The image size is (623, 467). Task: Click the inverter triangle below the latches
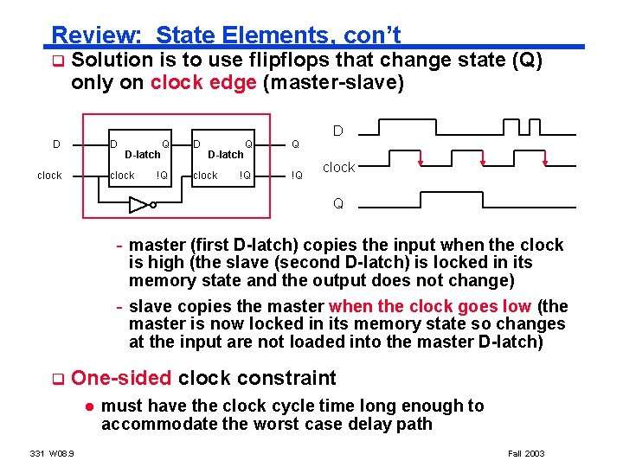click(x=138, y=205)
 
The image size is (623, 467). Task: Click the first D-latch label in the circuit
click(x=142, y=155)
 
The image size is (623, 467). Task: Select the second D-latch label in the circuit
click(x=225, y=155)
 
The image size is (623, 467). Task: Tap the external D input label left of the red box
click(x=56, y=144)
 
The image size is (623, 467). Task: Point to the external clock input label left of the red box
click(x=49, y=176)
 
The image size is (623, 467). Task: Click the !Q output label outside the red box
click(x=296, y=176)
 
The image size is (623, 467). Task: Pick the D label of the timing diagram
click(x=338, y=131)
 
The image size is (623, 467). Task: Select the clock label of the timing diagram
click(x=338, y=168)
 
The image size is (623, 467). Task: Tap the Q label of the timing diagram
click(x=338, y=204)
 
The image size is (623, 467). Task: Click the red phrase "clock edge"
click(x=202, y=84)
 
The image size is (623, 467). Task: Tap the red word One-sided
click(x=122, y=378)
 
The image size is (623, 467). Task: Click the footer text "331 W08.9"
click(x=52, y=453)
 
